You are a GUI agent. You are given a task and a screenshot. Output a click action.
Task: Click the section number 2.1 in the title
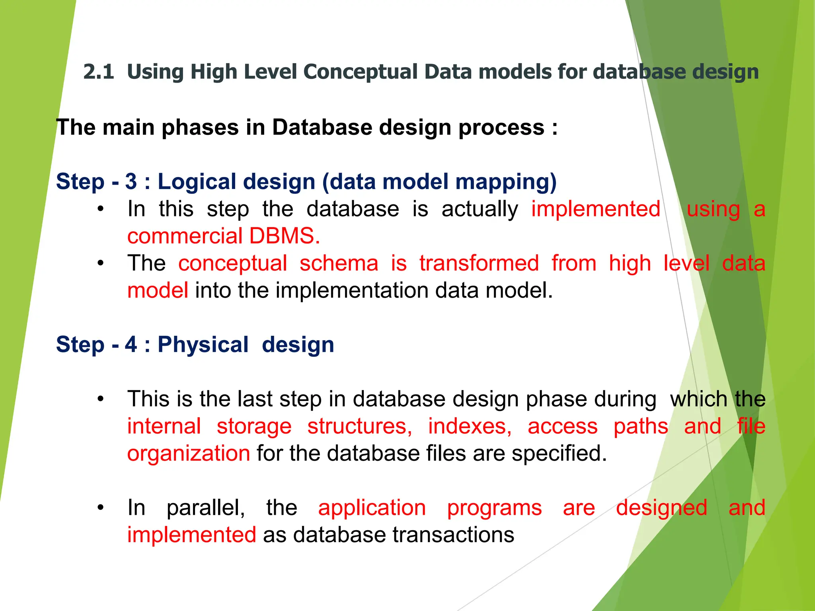(x=98, y=72)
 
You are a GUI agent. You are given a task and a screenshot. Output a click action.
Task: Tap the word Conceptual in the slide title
(x=359, y=72)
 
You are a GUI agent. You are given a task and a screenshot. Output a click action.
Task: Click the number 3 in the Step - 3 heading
(x=131, y=181)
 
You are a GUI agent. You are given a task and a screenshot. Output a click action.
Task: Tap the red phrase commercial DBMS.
(x=224, y=236)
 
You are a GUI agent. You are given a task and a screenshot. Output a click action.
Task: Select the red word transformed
(x=479, y=263)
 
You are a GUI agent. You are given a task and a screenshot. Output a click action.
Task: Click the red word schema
(x=339, y=263)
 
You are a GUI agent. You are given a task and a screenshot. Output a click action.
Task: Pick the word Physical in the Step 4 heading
(x=203, y=344)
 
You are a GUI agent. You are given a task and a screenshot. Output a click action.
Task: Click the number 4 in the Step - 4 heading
(x=131, y=344)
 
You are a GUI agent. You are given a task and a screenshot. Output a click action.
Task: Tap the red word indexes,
(x=470, y=426)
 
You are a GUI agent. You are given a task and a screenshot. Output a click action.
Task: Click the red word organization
(x=189, y=453)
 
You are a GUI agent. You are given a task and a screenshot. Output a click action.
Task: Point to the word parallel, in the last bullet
(x=206, y=508)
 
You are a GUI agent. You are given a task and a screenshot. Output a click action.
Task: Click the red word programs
(x=494, y=508)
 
